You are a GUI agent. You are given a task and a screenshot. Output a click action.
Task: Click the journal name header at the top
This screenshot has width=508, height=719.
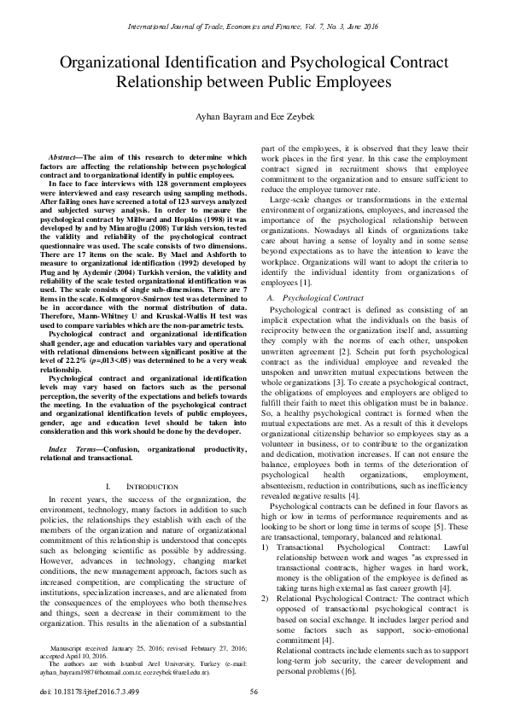pyautogui.click(x=254, y=15)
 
